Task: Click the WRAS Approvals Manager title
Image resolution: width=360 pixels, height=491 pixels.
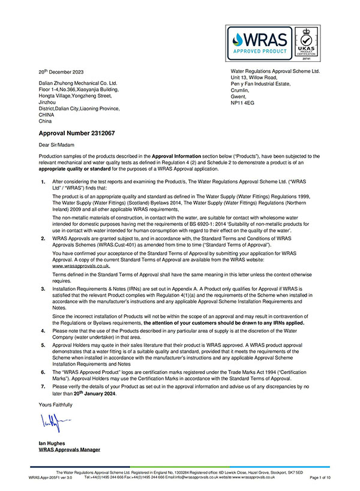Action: pos(69,449)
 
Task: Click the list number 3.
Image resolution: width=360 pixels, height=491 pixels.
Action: pos(43,288)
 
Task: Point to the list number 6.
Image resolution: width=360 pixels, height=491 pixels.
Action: pos(43,372)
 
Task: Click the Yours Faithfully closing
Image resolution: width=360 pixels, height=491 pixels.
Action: pos(55,405)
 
